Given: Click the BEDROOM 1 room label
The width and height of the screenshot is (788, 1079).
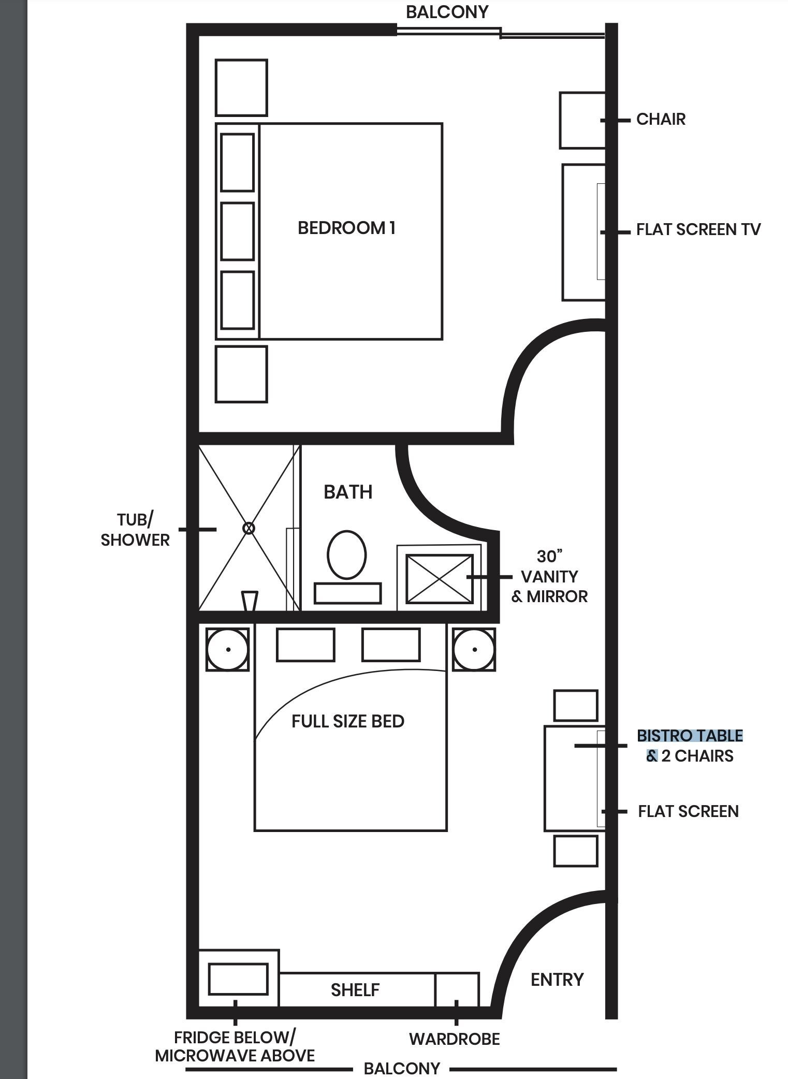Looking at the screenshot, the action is point(346,228).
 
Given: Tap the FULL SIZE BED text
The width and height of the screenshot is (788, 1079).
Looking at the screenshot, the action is point(348,721).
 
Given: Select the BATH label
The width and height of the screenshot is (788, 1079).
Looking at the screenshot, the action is point(348,492).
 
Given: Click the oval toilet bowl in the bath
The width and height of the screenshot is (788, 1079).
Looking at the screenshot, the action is point(347,555).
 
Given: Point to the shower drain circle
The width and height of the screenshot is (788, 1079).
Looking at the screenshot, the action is point(249,528).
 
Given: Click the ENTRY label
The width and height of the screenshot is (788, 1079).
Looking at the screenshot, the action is point(557,979).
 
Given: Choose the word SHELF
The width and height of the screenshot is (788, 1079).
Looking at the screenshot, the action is point(355,989).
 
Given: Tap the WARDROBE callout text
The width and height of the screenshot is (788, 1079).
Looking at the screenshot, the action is point(455,1039).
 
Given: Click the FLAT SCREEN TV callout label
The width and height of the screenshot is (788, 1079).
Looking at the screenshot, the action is point(698,229).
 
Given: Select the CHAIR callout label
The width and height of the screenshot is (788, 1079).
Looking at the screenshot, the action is point(661,119).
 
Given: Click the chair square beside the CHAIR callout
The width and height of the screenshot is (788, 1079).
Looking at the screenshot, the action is point(582,120).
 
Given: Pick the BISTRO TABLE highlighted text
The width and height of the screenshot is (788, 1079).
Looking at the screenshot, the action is point(690,736).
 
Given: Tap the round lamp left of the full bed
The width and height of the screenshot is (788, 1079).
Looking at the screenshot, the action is point(228,649).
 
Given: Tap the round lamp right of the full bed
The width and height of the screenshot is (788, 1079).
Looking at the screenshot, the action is point(474,649).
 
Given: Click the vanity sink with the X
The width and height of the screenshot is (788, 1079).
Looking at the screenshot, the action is point(440,579).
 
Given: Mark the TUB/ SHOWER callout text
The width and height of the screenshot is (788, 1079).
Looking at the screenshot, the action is point(135,530).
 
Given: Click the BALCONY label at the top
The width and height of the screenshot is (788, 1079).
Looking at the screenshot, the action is point(447,12).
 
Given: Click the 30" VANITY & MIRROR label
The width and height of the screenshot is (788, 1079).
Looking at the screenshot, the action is point(549,576).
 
